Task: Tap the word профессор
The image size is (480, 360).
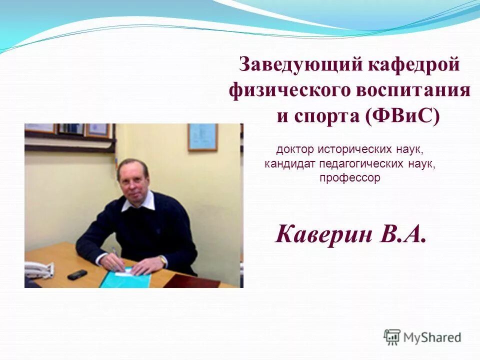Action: tap(350, 178)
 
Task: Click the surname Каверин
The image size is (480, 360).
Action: tap(327, 234)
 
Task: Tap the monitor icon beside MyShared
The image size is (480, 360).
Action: tap(392, 337)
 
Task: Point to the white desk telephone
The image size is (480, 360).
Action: tap(38, 270)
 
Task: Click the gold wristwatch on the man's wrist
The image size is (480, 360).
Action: tap(162, 260)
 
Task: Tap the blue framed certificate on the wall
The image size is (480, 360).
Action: tap(202, 137)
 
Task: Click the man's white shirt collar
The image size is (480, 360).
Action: tap(132, 203)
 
